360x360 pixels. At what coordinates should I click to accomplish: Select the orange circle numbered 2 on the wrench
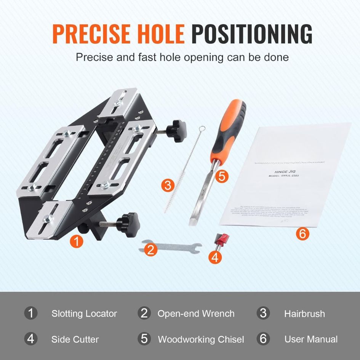click(151, 250)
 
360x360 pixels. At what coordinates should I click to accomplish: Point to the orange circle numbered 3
click(168, 186)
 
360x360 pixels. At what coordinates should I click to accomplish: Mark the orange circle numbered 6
click(302, 233)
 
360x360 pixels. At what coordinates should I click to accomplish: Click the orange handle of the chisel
click(229, 129)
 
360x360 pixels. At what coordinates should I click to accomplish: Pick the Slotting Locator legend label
click(84, 314)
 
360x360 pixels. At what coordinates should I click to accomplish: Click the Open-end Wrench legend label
click(196, 314)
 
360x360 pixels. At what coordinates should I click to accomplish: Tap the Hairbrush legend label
click(304, 314)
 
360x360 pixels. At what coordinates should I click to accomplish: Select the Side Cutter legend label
click(75, 339)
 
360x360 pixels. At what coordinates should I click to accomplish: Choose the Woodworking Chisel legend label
click(201, 339)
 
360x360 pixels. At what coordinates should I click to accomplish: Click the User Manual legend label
click(311, 339)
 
